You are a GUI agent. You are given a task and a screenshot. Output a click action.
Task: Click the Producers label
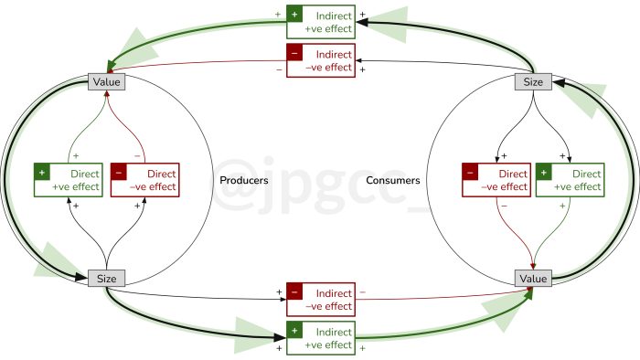point(244,181)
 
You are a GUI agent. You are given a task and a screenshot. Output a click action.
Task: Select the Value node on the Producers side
point(106,82)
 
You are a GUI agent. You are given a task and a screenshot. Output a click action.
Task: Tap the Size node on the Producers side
point(106,279)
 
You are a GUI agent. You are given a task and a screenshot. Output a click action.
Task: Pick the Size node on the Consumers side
point(533,82)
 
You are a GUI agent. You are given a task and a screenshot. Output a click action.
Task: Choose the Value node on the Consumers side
point(533,279)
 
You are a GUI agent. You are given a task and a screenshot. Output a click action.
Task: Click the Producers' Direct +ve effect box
point(68,180)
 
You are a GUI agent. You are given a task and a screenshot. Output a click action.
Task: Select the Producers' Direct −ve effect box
point(144,180)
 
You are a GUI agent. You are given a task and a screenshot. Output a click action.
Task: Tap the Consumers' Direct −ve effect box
point(496,180)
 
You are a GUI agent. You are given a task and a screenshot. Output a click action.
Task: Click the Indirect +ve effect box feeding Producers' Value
point(320,22)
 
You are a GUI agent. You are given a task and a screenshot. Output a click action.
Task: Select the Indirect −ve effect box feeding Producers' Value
point(320,60)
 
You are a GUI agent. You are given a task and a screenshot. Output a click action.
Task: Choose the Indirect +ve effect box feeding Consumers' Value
point(320,338)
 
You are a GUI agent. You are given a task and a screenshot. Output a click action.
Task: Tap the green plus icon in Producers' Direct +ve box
point(41,172)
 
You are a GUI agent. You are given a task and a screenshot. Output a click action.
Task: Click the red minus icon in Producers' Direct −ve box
point(118,172)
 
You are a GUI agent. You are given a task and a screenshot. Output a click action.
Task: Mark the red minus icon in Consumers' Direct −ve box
point(470,172)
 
